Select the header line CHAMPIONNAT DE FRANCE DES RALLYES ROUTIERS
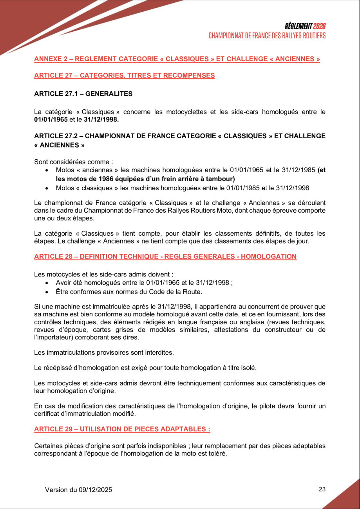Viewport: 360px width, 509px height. pyautogui.click(x=267, y=36)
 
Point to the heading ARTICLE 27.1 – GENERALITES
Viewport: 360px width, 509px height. pyautogui.click(x=83, y=94)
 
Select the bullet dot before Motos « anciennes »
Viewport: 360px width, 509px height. pyautogui.click(x=47, y=170)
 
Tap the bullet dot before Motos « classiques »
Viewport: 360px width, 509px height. pyautogui.click(x=47, y=188)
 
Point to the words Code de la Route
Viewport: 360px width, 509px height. pyautogui.click(x=177, y=292)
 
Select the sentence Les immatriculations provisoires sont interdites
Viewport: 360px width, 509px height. pyautogui.click(x=104, y=352)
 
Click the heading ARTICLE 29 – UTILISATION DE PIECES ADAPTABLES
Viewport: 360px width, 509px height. pyautogui.click(x=122, y=429)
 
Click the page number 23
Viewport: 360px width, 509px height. pyautogui.click(x=322, y=489)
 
